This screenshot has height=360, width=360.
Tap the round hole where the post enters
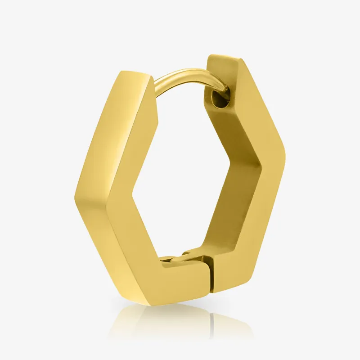pos(222,99)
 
